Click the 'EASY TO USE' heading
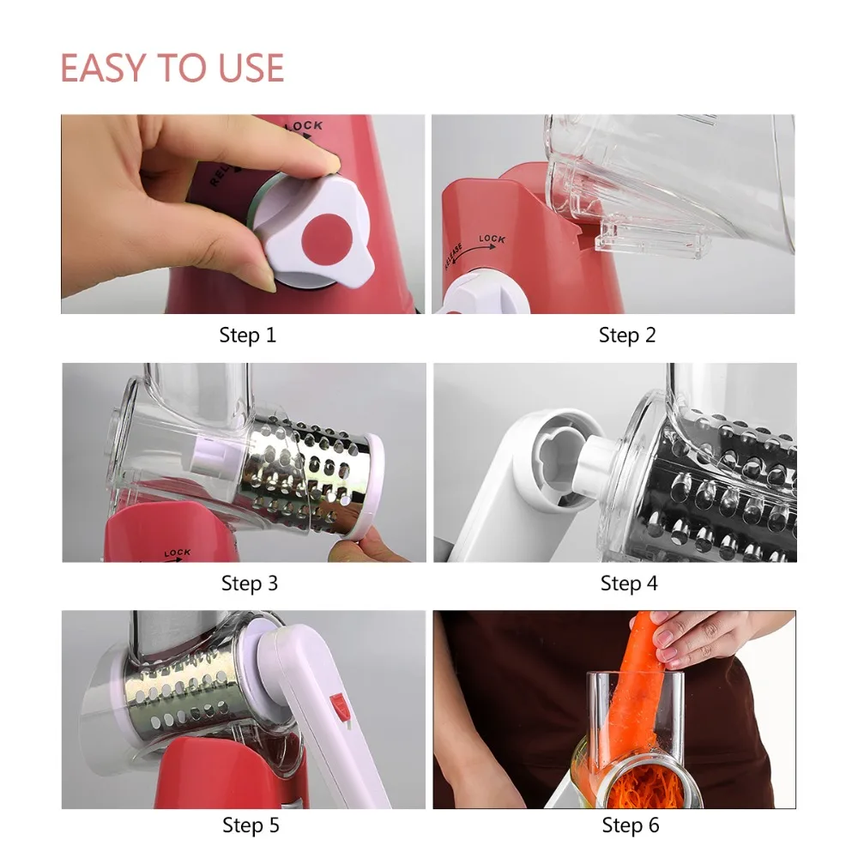[172, 68]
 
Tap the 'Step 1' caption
[247, 335]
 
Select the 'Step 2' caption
[627, 335]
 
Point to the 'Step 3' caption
[250, 583]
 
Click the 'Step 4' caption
[629, 583]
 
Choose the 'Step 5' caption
[251, 825]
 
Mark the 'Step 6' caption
[631, 825]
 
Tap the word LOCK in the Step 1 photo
[305, 128]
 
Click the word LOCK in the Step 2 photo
[492, 239]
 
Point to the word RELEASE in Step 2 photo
[454, 257]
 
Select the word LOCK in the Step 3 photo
[178, 553]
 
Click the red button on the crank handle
[339, 704]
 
